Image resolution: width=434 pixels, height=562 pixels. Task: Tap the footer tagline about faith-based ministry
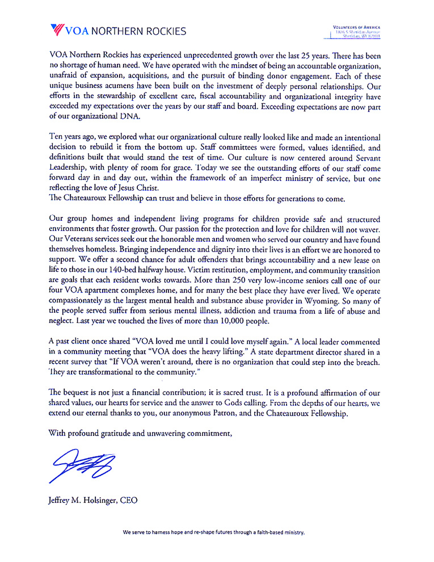coord(214,533)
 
